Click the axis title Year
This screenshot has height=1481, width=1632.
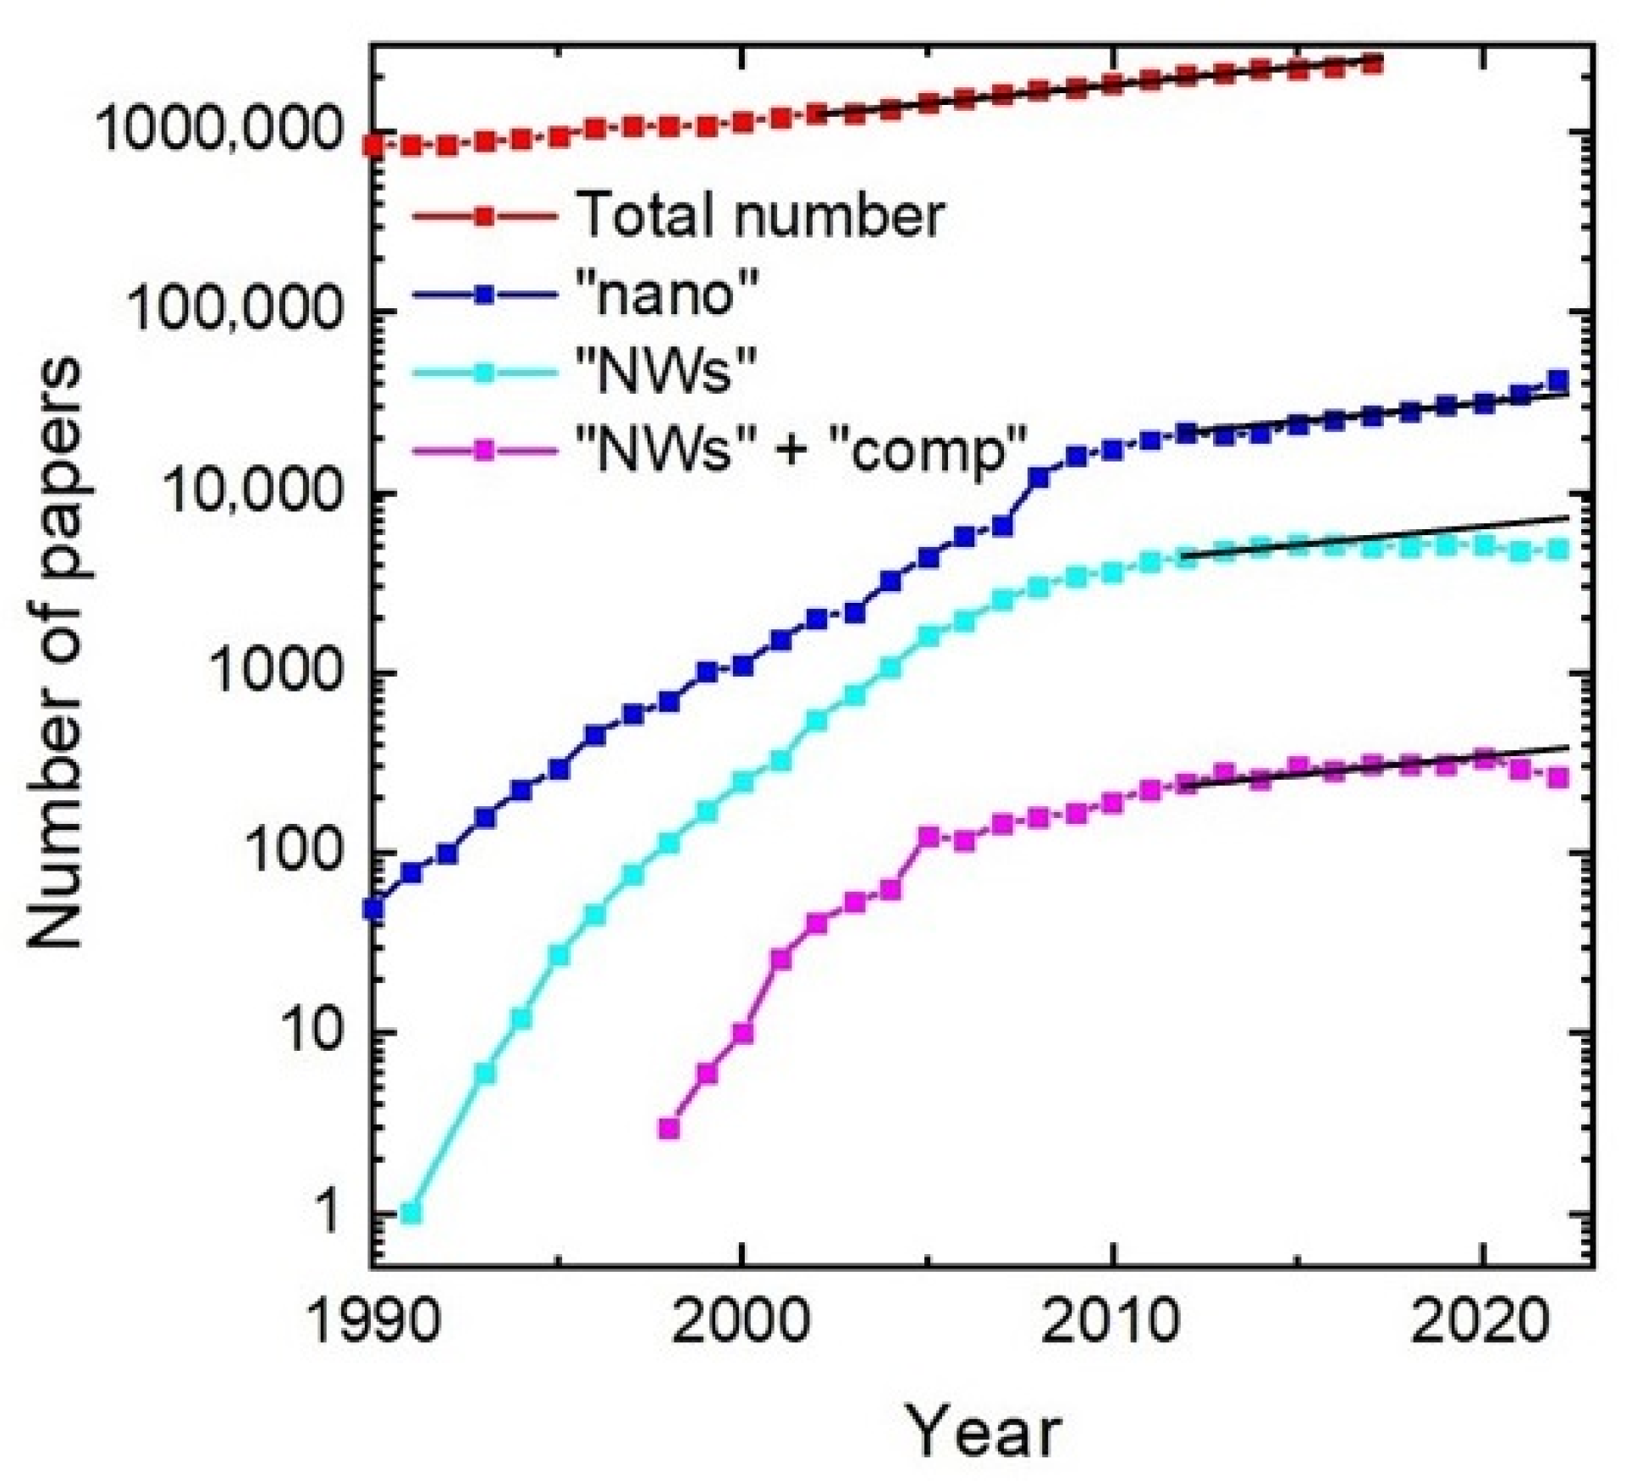point(984,1431)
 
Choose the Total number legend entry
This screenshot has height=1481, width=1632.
point(758,215)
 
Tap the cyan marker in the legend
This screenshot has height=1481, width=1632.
point(484,373)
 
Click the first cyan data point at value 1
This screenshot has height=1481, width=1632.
point(411,1213)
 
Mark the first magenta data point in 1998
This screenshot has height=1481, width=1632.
point(669,1128)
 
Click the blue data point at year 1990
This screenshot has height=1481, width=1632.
point(373,909)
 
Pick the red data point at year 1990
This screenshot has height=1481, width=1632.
point(373,146)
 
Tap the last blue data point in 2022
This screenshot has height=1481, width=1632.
point(1558,380)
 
